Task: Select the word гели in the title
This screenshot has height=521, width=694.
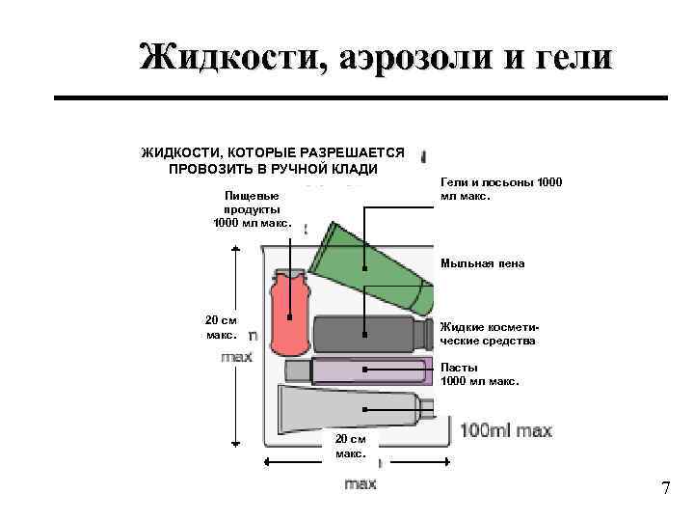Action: (x=569, y=57)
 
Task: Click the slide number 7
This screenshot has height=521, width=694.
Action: (x=665, y=488)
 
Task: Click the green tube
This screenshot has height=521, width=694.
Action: (x=376, y=265)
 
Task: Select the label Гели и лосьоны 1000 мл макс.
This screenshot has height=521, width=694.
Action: (x=500, y=189)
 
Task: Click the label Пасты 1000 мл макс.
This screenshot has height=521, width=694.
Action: (x=479, y=374)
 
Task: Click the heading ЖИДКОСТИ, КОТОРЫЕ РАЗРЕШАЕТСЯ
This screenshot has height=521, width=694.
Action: (x=273, y=152)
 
